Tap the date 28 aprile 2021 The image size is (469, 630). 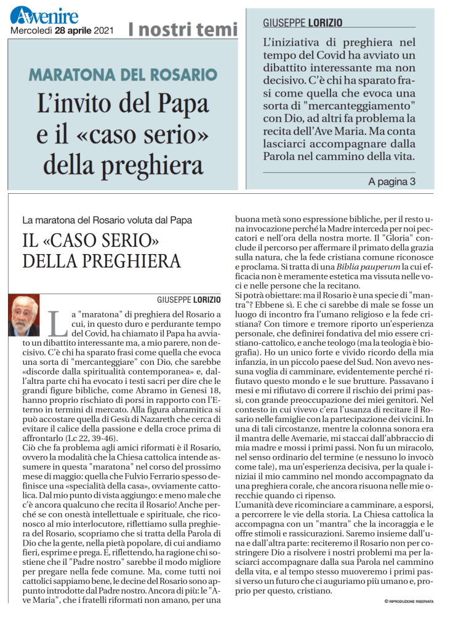pos(84,30)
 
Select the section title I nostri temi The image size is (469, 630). pos(182,29)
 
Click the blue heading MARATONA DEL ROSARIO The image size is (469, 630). pos(123,76)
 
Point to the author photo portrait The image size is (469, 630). pos(24,316)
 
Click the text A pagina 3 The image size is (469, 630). pos(392,181)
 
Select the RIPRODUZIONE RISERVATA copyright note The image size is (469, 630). pos(409,600)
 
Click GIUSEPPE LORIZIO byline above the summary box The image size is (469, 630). pos(303,23)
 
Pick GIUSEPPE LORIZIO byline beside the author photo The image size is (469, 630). pos(188,300)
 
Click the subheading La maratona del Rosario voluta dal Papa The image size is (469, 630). pos(107,220)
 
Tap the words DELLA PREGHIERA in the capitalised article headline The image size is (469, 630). pos(102,261)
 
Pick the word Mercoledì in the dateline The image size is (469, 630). pos(31,30)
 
